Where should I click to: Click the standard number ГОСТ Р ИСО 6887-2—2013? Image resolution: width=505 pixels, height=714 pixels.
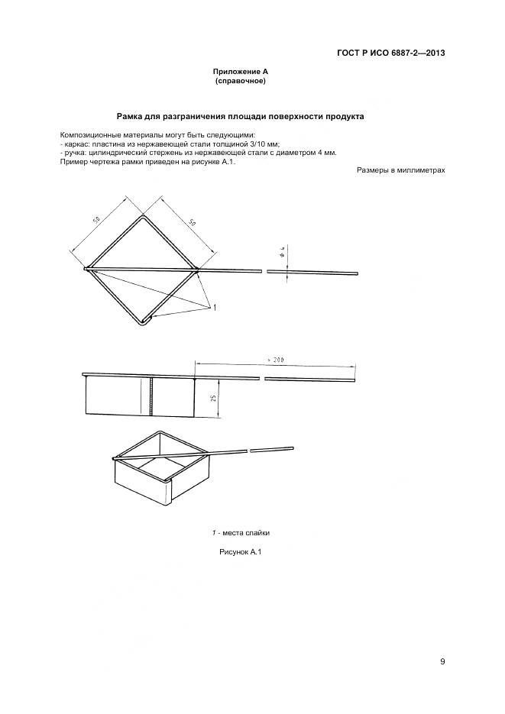(x=390, y=53)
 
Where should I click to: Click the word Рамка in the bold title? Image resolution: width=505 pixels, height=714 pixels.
(x=131, y=117)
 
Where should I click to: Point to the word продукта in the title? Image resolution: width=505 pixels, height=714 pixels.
(x=345, y=117)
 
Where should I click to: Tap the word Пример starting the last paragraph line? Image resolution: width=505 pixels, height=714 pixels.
(x=73, y=162)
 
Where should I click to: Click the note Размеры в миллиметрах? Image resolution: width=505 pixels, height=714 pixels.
(x=400, y=170)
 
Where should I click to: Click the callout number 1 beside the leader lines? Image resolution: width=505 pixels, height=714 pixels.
(x=215, y=307)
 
